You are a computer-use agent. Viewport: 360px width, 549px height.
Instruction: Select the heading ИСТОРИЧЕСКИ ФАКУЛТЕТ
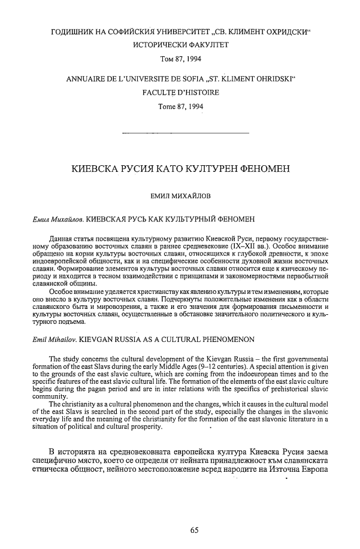[x=179, y=45]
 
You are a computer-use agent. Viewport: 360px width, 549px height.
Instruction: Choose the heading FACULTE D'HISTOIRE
[x=179, y=93]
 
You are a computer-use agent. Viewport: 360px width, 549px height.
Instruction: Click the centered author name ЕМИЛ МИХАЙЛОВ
[x=179, y=195]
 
